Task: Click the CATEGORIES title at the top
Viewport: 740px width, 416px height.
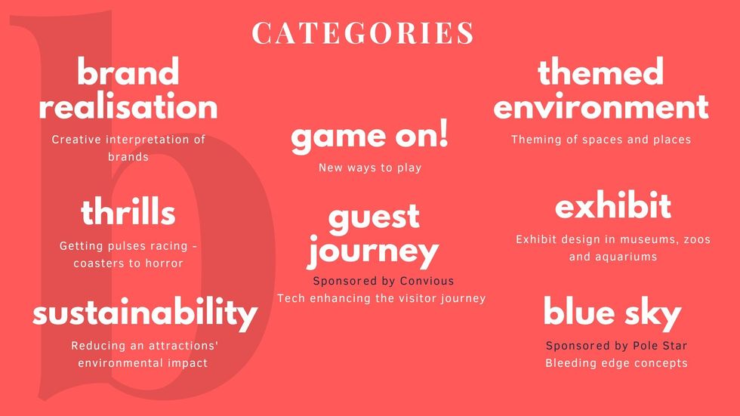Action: click(362, 33)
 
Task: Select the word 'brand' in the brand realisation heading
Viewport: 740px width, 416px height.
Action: click(128, 72)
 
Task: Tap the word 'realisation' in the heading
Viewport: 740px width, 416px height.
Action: click(128, 106)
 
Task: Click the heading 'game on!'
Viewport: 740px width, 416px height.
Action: click(369, 137)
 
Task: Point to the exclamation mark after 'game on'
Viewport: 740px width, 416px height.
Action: click(443, 133)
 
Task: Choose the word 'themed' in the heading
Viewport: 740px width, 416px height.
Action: click(601, 71)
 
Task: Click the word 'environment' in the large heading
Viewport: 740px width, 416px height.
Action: click(601, 106)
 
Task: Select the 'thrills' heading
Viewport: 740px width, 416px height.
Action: click(128, 211)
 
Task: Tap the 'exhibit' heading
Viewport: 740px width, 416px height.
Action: click(613, 205)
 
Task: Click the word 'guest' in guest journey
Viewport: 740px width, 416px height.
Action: click(375, 218)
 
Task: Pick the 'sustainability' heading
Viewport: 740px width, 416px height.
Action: click(145, 313)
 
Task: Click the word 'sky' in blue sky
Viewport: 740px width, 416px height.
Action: click(653, 313)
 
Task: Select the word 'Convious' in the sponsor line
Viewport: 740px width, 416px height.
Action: click(427, 281)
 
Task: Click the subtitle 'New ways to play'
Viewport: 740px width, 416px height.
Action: click(370, 168)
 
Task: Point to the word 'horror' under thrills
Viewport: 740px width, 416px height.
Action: click(164, 263)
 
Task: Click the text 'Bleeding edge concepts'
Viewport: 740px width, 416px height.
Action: click(616, 363)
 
